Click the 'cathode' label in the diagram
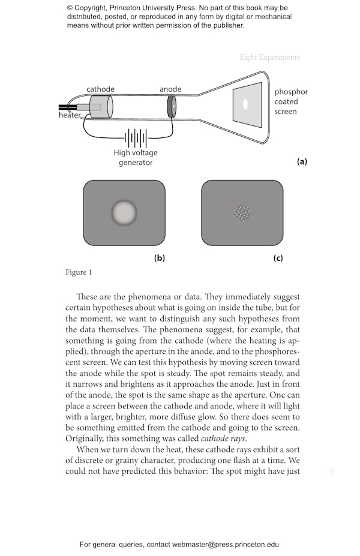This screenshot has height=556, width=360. (x=100, y=89)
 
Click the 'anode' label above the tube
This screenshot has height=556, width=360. (x=170, y=89)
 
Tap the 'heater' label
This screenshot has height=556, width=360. (x=70, y=115)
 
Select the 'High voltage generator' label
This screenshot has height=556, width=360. (x=135, y=157)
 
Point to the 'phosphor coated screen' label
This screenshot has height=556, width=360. (x=291, y=101)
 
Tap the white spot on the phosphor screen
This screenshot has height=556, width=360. (x=245, y=104)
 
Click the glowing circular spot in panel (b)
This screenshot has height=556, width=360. (x=124, y=212)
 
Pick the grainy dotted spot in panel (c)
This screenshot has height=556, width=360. (x=242, y=212)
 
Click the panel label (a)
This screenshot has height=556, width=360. (x=302, y=161)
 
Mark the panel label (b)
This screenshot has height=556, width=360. (x=159, y=259)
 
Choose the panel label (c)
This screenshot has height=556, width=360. (x=277, y=259)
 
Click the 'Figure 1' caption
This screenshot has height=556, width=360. (x=79, y=273)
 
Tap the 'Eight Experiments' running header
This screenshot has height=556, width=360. (x=269, y=58)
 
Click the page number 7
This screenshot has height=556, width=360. (x=331, y=473)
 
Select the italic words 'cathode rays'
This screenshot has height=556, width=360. (x=221, y=438)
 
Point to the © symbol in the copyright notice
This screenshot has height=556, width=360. (x=70, y=8)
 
